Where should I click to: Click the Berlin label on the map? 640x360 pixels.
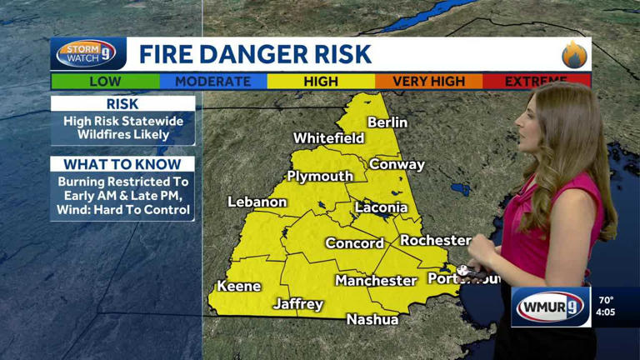[387, 122]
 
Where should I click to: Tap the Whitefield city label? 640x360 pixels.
[328, 138]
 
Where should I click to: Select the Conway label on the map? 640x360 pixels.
[397, 164]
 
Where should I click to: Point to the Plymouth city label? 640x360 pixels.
[320, 177]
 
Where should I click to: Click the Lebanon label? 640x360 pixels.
[257, 202]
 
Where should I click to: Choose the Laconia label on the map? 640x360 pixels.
[381, 207]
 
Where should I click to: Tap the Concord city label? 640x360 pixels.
[354, 243]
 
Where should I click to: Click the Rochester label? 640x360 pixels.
[435, 240]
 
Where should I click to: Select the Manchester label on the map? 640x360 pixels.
[376, 281]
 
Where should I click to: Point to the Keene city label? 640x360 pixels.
[239, 287]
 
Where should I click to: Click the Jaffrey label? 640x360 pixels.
[298, 304]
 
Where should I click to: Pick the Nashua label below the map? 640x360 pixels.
[372, 319]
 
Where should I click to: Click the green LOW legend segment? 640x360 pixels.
[105, 82]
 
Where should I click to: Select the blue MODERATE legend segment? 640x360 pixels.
[212, 82]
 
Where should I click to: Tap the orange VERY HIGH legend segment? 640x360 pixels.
[428, 82]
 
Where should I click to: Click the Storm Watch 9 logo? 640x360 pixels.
[87, 54]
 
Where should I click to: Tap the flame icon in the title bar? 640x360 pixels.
[574, 55]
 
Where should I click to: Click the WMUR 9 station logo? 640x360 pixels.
[551, 307]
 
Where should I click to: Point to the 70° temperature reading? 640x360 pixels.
[606, 300]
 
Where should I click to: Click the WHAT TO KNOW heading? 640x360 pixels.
[122, 164]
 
